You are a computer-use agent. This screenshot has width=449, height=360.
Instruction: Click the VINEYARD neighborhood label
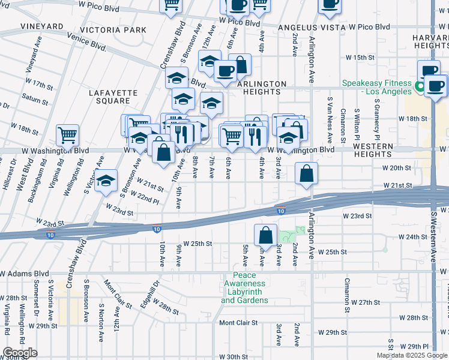click(x=41, y=26)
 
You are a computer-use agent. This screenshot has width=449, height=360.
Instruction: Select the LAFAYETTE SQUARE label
click(x=113, y=98)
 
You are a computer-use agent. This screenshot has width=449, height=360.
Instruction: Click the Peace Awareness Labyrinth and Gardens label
click(x=244, y=292)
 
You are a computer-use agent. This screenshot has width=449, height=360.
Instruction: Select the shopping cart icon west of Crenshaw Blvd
click(x=68, y=134)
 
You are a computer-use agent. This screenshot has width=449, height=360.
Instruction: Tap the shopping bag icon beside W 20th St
click(x=306, y=174)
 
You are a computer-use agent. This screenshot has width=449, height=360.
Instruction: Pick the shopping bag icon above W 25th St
click(x=265, y=235)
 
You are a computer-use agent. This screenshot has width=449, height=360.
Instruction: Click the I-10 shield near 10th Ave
click(x=157, y=229)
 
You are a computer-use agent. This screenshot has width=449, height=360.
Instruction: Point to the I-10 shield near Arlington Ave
click(x=280, y=211)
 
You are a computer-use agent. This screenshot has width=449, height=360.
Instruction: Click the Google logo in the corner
click(x=20, y=353)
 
